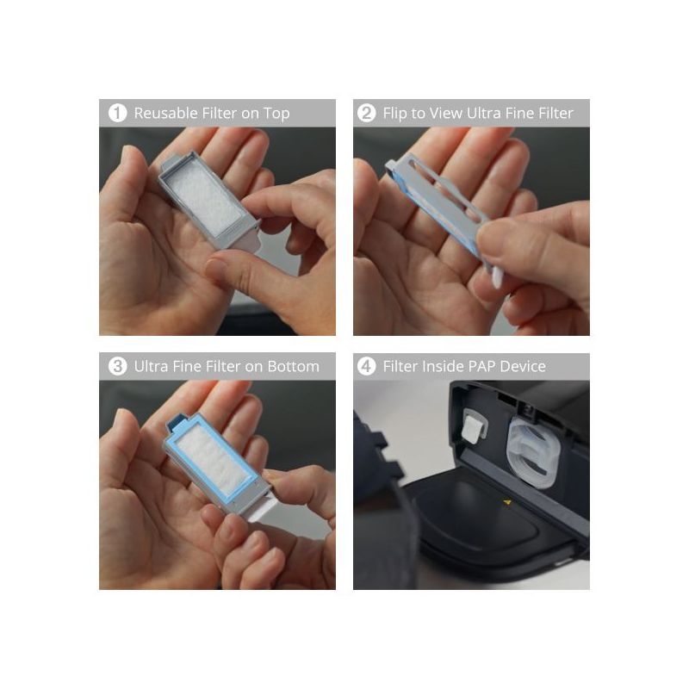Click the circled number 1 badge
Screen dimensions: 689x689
coord(117,113)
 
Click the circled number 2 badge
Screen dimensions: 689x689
coord(367,113)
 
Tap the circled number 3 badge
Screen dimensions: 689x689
coord(117,366)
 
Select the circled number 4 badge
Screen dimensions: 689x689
coord(367,366)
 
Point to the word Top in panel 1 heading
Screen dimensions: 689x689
coord(276,114)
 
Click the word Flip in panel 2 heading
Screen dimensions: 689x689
coord(394,114)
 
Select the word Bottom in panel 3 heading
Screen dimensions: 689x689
coord(293,366)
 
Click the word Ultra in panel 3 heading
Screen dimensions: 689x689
coord(151,366)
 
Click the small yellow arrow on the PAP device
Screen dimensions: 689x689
coord(507,502)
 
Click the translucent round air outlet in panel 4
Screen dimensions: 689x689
coord(532,453)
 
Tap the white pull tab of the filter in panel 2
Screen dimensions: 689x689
coord(497,277)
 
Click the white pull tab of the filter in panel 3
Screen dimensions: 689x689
coord(262,511)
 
